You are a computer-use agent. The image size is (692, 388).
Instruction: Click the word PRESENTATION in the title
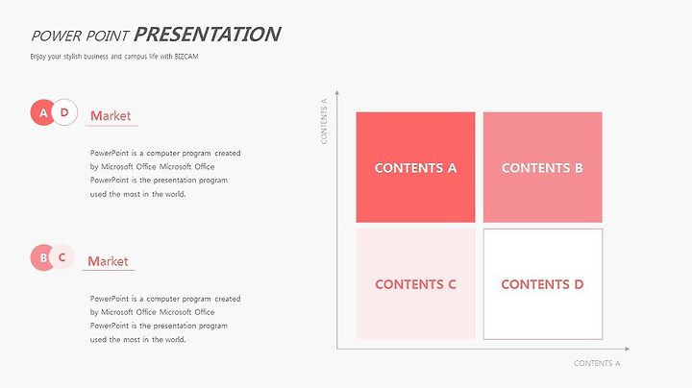click(207, 35)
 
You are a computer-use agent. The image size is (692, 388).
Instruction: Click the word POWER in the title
click(57, 36)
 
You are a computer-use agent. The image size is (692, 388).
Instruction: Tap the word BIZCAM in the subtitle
click(186, 57)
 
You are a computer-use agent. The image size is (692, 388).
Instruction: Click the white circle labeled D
click(65, 112)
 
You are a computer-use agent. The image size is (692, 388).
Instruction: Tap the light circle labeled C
click(62, 257)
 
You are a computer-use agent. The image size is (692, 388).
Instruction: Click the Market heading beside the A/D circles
click(111, 116)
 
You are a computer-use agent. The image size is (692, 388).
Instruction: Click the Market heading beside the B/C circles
click(108, 261)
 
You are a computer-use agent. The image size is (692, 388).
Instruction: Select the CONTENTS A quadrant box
click(416, 167)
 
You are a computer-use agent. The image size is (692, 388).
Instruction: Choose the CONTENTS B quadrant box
click(542, 167)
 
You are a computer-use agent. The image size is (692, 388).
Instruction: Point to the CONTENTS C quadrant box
click(416, 284)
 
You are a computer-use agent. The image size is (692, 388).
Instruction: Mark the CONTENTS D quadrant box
click(542, 284)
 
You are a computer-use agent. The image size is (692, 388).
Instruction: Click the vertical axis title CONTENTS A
click(324, 121)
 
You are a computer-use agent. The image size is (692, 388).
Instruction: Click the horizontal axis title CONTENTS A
click(597, 363)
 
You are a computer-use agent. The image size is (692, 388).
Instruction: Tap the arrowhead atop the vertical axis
click(337, 92)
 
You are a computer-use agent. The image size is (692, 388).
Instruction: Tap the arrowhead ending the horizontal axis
click(627, 349)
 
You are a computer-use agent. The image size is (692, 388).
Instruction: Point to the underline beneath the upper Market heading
click(111, 126)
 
